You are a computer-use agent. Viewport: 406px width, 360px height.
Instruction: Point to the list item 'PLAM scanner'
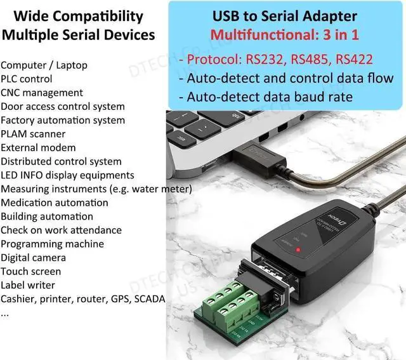[33, 134]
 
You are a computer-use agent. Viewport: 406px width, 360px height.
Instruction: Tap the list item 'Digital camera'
[33, 257]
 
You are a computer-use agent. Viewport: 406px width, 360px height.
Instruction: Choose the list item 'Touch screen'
[30, 271]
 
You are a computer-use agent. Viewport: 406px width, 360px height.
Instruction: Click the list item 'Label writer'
[28, 285]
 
